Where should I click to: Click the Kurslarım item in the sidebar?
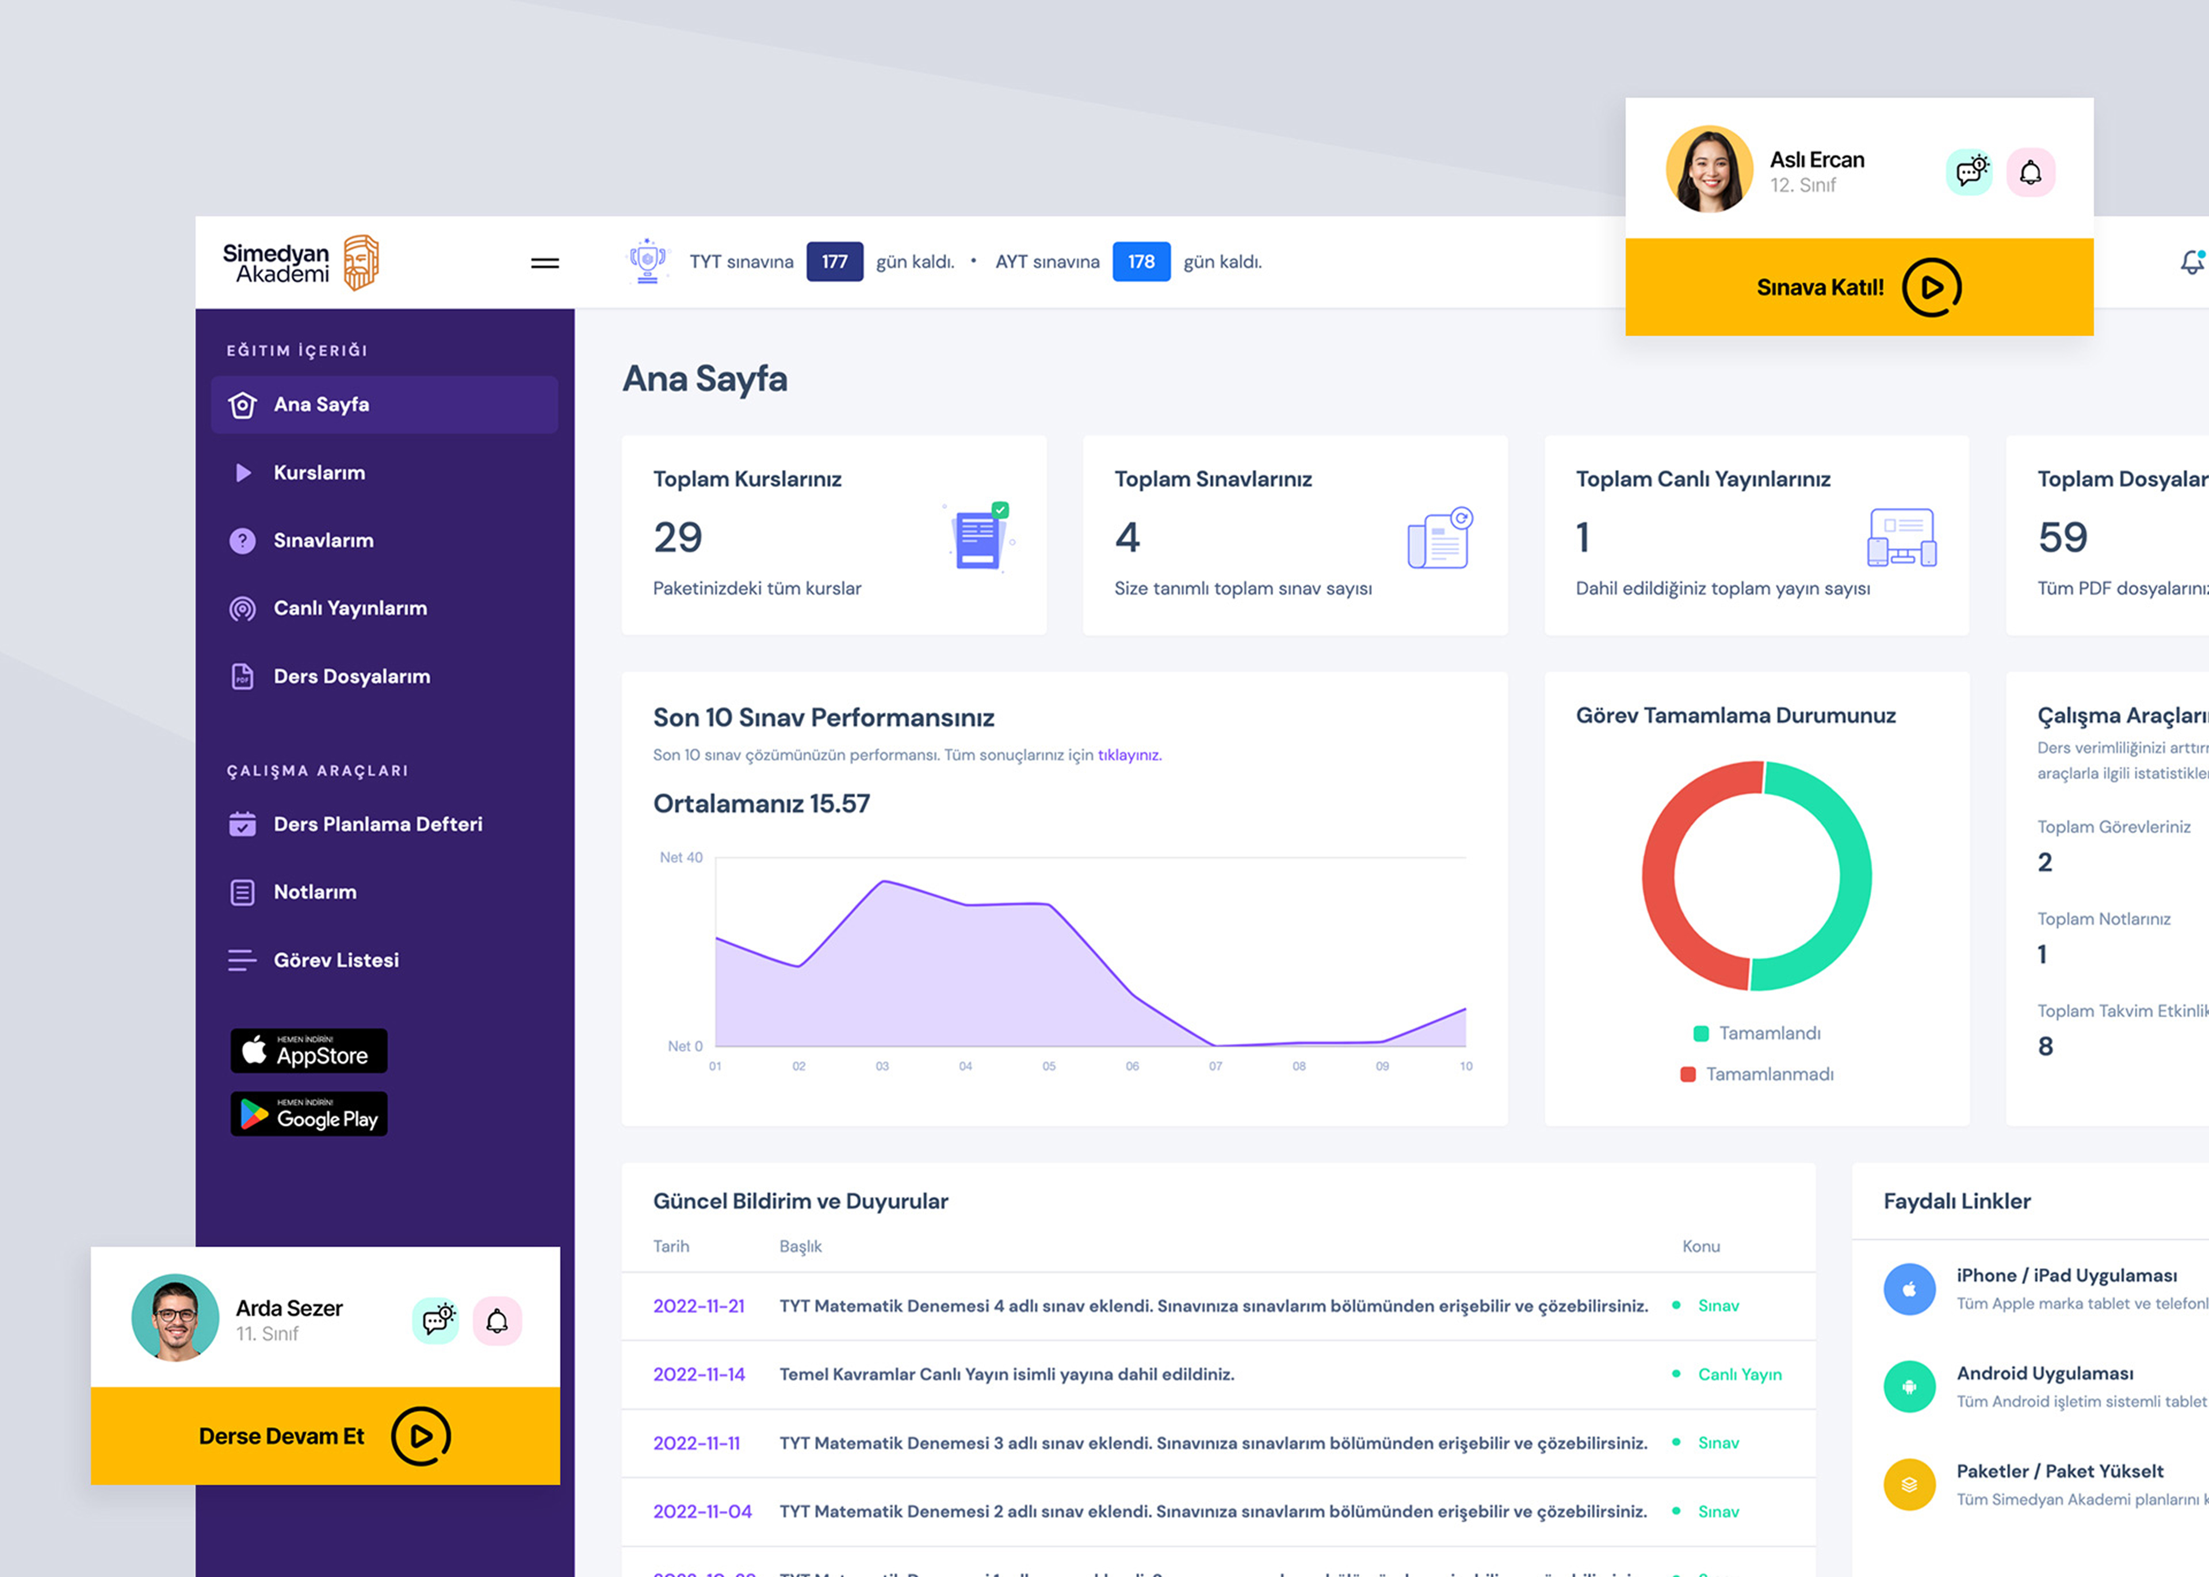[319, 473]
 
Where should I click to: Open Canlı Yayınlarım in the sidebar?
[350, 609]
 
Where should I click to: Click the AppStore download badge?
[309, 1051]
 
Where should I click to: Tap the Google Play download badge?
[309, 1115]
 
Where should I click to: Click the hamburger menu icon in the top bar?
[545, 262]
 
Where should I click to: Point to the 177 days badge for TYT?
[834, 262]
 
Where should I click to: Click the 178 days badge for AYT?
[1141, 262]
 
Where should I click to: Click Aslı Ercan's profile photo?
[1709, 169]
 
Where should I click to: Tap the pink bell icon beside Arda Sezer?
[497, 1320]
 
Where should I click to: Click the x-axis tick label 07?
[1215, 1066]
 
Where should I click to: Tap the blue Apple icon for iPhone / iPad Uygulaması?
[1909, 1289]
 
